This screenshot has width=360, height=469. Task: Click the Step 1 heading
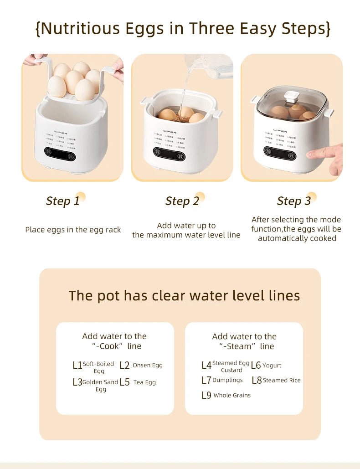pyautogui.click(x=63, y=201)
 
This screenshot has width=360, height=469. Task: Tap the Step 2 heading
pyautogui.click(x=182, y=201)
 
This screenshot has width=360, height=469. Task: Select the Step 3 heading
pyautogui.click(x=294, y=201)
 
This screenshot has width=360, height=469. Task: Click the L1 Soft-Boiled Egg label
pyautogui.click(x=93, y=367)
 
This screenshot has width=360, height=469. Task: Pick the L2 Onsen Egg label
pyautogui.click(x=141, y=366)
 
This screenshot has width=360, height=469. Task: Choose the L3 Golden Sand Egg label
pyautogui.click(x=96, y=385)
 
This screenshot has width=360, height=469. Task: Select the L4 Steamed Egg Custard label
pyautogui.click(x=226, y=366)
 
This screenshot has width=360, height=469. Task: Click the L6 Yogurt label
pyautogui.click(x=266, y=366)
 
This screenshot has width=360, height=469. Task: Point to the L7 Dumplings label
pyautogui.click(x=222, y=380)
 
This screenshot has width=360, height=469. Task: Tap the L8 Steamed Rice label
pyautogui.click(x=276, y=380)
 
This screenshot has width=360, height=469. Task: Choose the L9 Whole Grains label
pyautogui.click(x=226, y=395)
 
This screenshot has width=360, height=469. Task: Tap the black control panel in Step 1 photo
pyautogui.click(x=60, y=154)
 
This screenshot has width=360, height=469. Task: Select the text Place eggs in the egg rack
pyautogui.click(x=73, y=230)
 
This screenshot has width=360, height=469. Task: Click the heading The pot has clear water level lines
pyautogui.click(x=184, y=295)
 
